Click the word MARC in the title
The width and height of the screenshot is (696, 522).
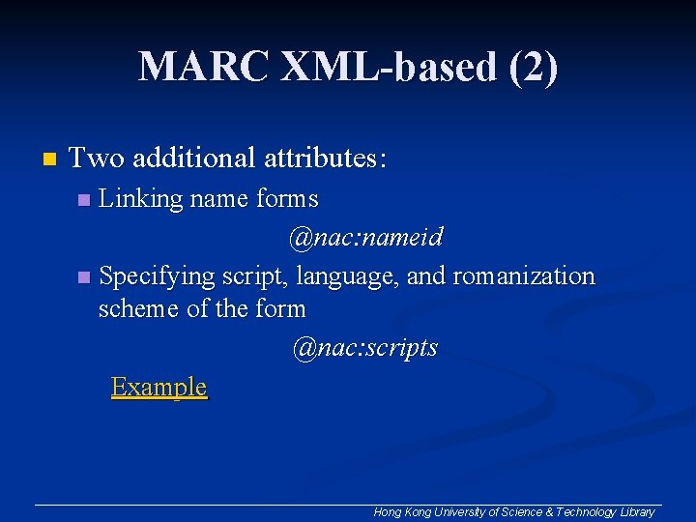(x=203, y=68)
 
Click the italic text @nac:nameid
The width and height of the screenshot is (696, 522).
(x=365, y=237)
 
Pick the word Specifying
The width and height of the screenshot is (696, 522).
(x=157, y=276)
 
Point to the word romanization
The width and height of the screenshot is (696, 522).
(x=523, y=276)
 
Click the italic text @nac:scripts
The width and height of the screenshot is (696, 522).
(x=365, y=347)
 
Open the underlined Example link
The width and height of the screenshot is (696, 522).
(x=159, y=387)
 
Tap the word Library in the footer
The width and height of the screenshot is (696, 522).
(x=636, y=512)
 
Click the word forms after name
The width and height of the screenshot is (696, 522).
(x=287, y=199)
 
